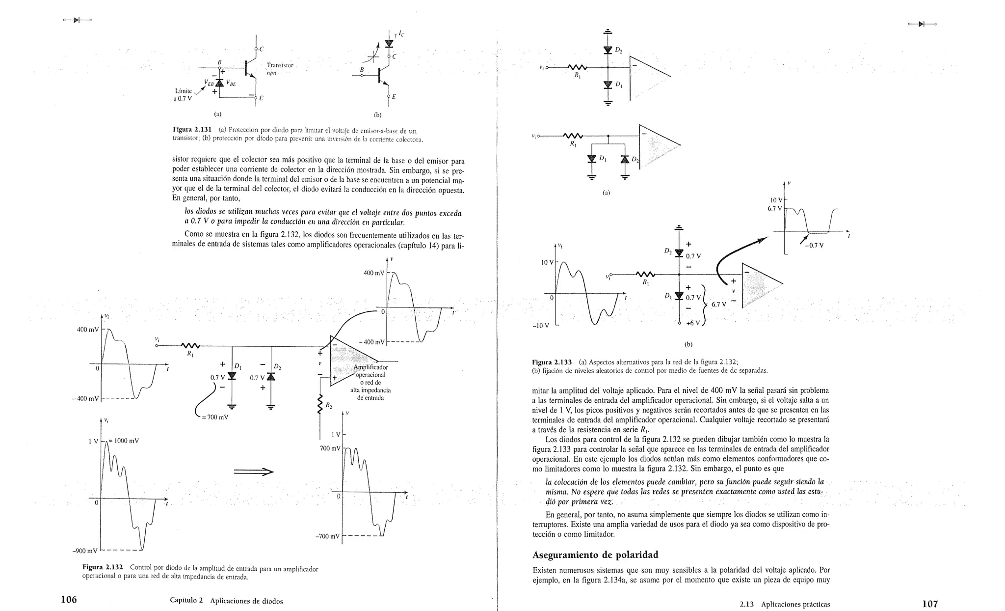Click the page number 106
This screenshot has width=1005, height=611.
coord(69,599)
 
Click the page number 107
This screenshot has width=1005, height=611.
coord(929,603)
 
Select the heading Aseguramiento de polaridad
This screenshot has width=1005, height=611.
coord(595,555)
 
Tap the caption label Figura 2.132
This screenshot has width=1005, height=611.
coord(103,568)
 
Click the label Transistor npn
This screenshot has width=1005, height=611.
coord(279,69)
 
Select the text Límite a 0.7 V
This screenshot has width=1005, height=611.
coord(183,94)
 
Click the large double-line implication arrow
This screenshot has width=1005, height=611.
coord(253,472)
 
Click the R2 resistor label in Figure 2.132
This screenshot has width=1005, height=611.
coord(328,406)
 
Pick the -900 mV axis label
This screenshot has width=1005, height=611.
coord(85,551)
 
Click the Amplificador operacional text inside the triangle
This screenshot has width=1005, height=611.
coord(370,371)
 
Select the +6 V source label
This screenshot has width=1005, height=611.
coord(692,323)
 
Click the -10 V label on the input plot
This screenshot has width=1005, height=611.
coord(540,326)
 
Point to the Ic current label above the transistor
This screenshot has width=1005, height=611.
coord(401,34)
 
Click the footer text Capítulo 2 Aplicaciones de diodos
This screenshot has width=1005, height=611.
coord(226,601)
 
